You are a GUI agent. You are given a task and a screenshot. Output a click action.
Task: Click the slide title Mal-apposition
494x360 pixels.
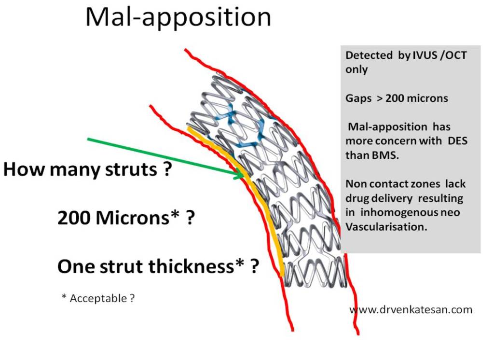click(x=178, y=17)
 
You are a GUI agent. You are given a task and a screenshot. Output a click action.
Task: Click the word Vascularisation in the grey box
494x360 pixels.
click(x=386, y=227)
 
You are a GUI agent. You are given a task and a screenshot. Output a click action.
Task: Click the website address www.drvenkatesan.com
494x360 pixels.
click(x=411, y=309)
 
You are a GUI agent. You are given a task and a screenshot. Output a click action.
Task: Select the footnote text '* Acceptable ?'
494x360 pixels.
click(x=98, y=298)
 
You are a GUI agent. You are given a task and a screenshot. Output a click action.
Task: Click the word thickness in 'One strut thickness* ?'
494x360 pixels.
click(x=196, y=266)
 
